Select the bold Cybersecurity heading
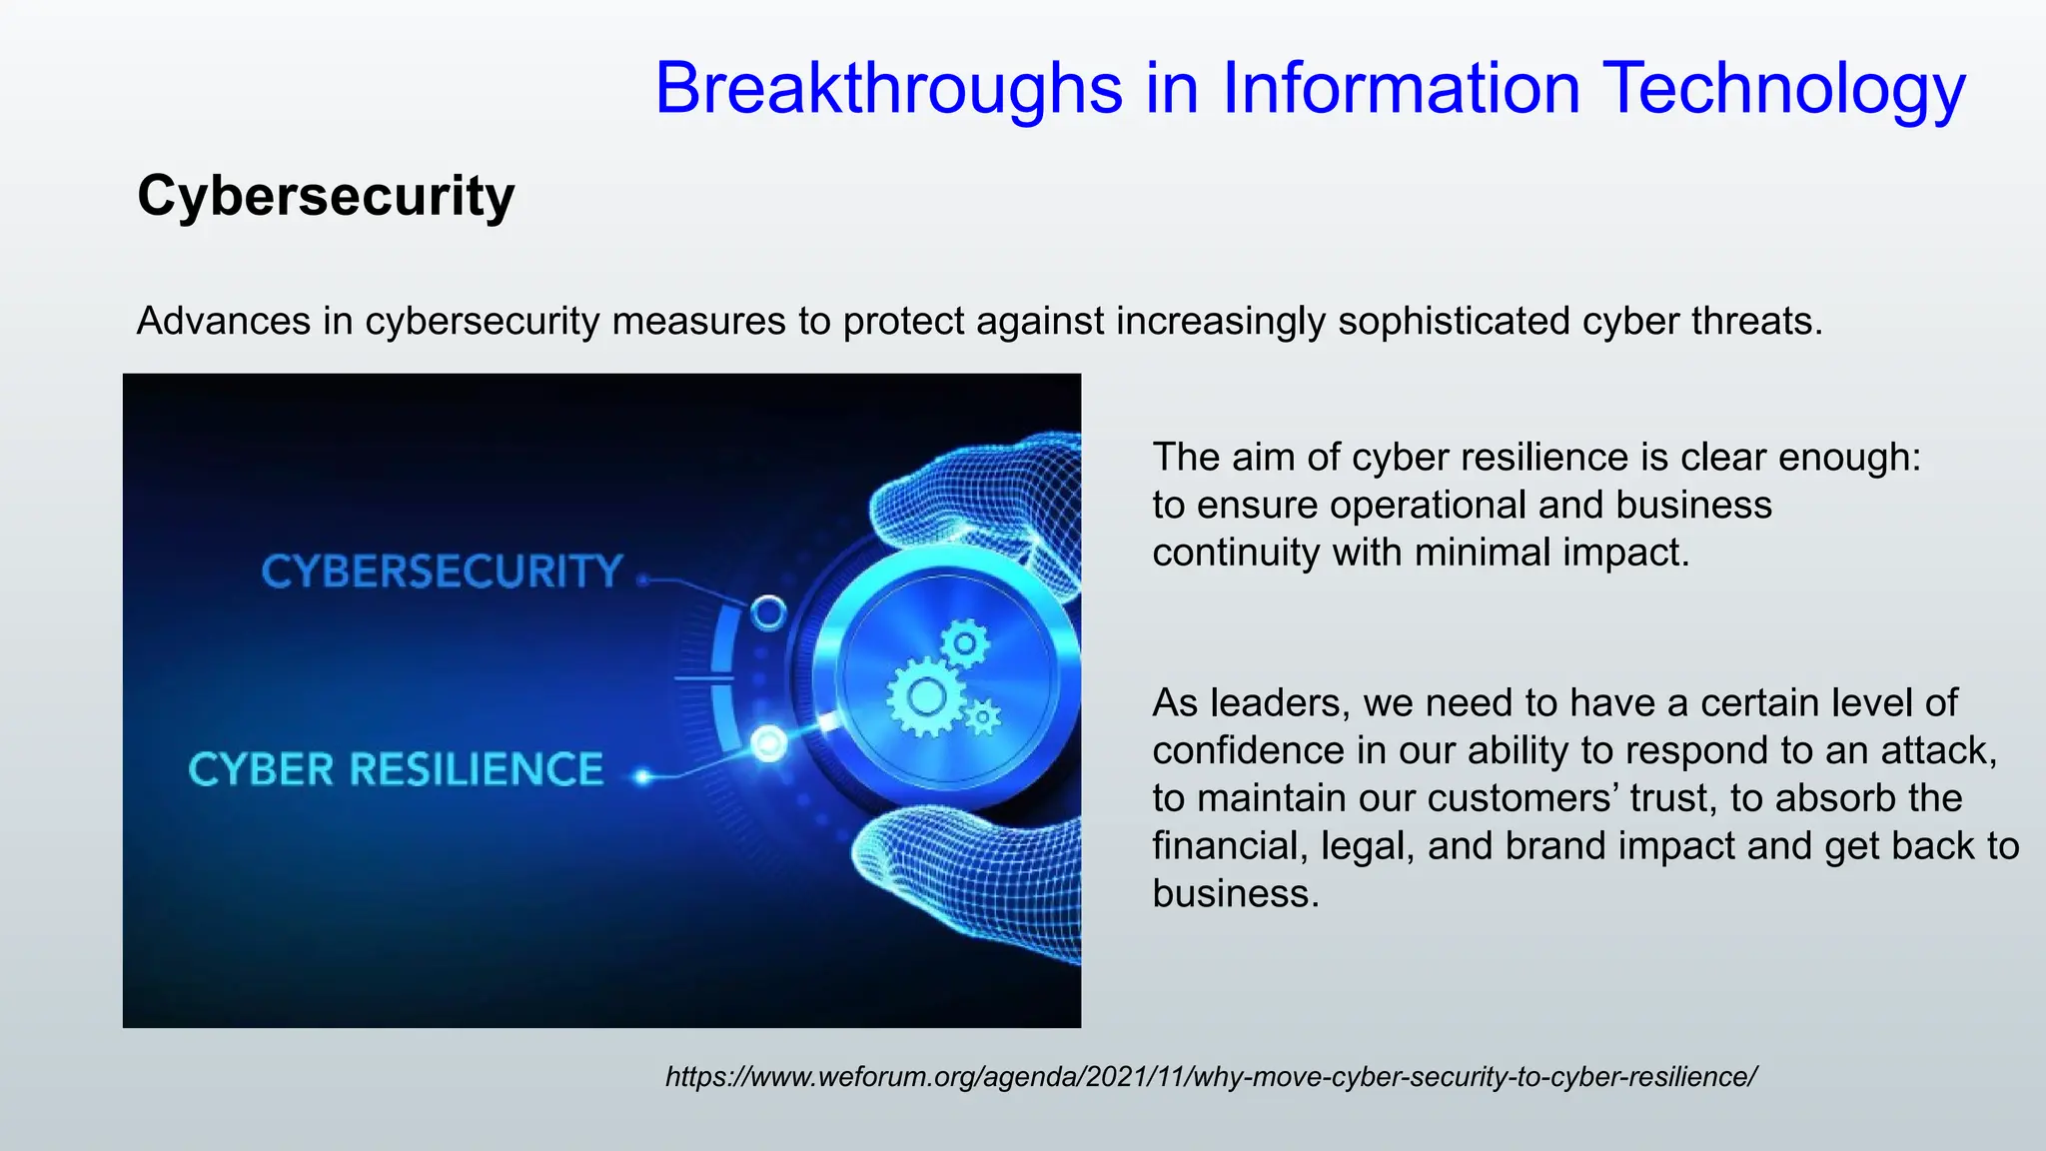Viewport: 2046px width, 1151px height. click(x=326, y=196)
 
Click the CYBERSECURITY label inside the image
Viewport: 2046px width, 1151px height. click(x=442, y=572)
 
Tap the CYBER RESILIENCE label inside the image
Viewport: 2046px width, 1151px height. click(x=396, y=769)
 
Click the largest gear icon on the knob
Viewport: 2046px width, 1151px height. click(x=926, y=696)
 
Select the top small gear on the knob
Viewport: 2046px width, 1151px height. click(x=964, y=644)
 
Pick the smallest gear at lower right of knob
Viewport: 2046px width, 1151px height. click(x=983, y=716)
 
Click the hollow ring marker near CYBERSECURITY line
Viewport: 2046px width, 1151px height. click(x=768, y=611)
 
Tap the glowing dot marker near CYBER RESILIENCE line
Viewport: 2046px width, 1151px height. click(x=769, y=743)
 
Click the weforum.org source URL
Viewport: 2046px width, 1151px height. click(x=1211, y=1077)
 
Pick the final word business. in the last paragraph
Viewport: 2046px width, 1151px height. click(x=1235, y=893)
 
